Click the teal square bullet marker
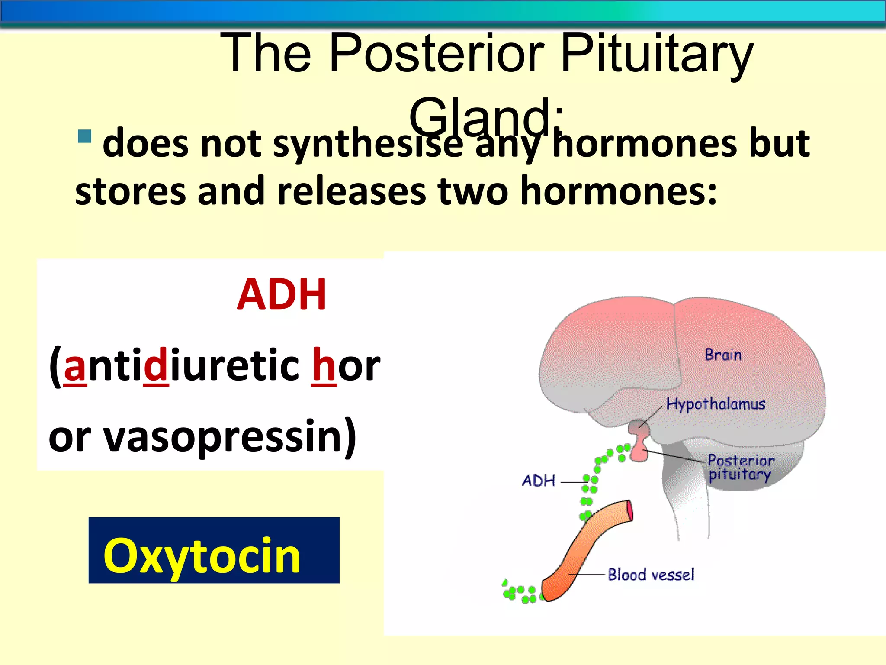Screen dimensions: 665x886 click(85, 136)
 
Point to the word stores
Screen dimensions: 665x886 click(130, 191)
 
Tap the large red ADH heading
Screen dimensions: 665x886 click(282, 295)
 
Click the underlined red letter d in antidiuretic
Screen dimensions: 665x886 click(155, 365)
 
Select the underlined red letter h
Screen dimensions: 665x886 click(324, 365)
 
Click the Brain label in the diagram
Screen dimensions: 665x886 click(723, 355)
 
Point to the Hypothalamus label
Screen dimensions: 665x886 click(716, 404)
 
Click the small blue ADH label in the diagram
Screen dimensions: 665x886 click(538, 481)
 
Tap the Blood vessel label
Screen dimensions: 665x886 click(651, 575)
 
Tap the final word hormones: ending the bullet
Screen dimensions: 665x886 click(618, 191)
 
